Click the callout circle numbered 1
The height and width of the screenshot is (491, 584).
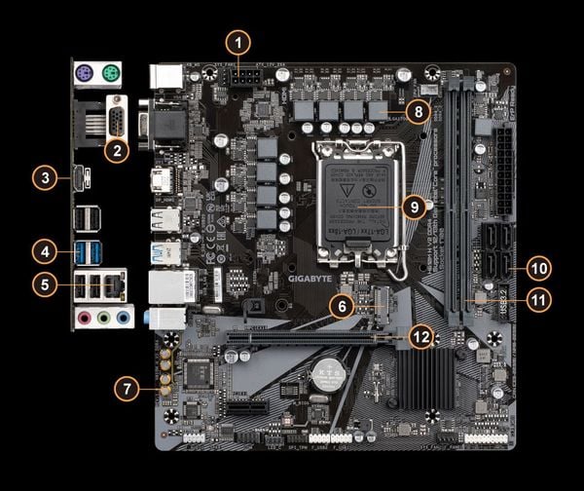pos(238,43)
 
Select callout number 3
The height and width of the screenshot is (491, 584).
pos(43,178)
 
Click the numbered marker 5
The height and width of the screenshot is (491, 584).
pos(43,284)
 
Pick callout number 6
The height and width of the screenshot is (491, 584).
pos(340,306)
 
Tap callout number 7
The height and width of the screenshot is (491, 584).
pos(125,388)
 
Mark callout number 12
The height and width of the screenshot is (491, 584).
pos(420,337)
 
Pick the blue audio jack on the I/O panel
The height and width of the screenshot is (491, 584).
pos(123,317)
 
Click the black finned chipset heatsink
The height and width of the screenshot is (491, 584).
pos(425,375)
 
